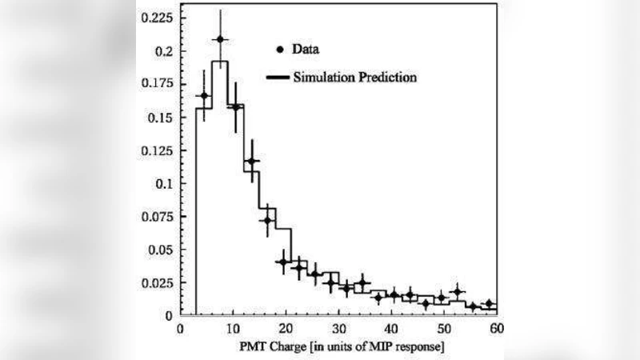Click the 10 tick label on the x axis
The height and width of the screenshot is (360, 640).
pos(233,329)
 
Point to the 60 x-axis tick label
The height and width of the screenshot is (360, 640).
pos(495,329)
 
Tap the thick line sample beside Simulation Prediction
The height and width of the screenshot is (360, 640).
pos(277,78)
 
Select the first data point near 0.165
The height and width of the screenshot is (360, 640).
pos(204,96)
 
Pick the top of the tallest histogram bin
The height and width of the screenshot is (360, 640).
pos(220,61)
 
